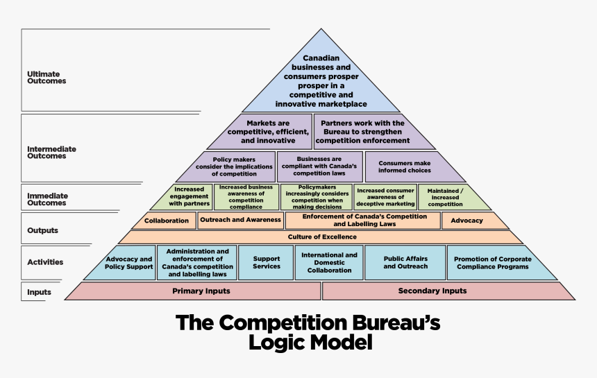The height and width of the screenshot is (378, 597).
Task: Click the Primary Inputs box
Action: click(x=201, y=291)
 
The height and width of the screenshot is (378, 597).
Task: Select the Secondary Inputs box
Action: click(x=432, y=291)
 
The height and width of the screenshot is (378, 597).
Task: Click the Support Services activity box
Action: click(x=267, y=262)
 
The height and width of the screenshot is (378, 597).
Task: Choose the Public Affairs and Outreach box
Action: click(x=405, y=262)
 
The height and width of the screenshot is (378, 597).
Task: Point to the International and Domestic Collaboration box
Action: click(x=329, y=262)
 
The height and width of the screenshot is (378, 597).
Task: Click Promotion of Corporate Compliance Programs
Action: click(x=492, y=263)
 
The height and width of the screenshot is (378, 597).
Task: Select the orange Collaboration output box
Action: click(x=166, y=221)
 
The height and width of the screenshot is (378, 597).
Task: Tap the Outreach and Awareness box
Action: click(x=240, y=221)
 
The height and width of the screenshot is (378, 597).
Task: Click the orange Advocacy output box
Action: click(x=466, y=221)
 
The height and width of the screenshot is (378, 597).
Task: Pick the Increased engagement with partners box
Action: click(x=189, y=197)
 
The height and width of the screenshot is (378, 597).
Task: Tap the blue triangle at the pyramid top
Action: click(x=321, y=80)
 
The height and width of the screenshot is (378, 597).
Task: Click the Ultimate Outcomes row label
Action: click(x=47, y=78)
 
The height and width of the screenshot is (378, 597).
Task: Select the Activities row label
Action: click(x=45, y=262)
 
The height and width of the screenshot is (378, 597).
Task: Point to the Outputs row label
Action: click(x=43, y=230)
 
